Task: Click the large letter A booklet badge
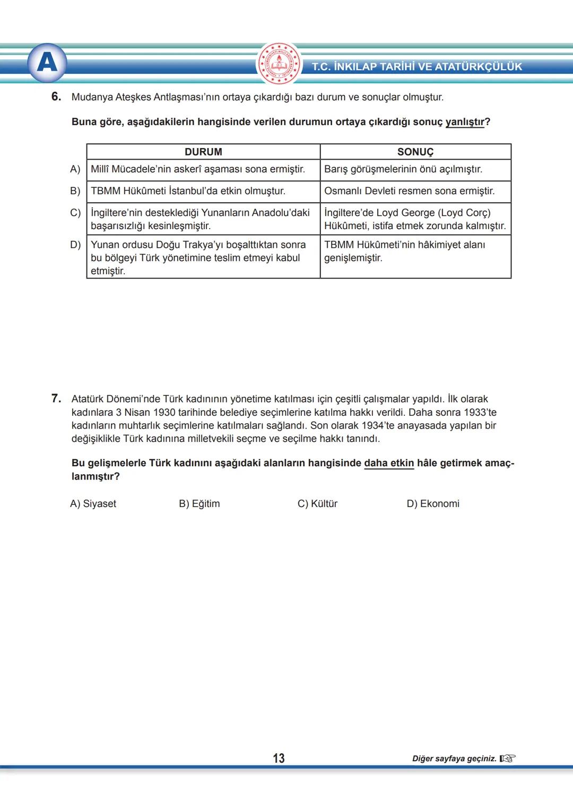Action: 47,63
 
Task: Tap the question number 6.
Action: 56,97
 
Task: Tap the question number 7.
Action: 56,398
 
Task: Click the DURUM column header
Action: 203,152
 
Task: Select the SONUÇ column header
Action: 415,152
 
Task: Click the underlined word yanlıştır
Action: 465,122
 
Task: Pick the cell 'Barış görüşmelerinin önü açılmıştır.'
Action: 403,169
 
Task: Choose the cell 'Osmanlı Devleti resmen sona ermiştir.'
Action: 409,191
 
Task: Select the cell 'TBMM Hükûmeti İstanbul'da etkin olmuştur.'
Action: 188,191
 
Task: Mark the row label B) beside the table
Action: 75,191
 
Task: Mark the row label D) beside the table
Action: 75,245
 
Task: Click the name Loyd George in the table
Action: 405,213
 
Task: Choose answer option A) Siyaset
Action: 93,504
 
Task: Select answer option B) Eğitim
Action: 199,504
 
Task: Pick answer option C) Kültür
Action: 317,504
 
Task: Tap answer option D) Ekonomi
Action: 433,504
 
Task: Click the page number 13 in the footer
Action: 279,759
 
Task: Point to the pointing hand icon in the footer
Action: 507,759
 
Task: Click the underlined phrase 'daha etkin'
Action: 389,463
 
